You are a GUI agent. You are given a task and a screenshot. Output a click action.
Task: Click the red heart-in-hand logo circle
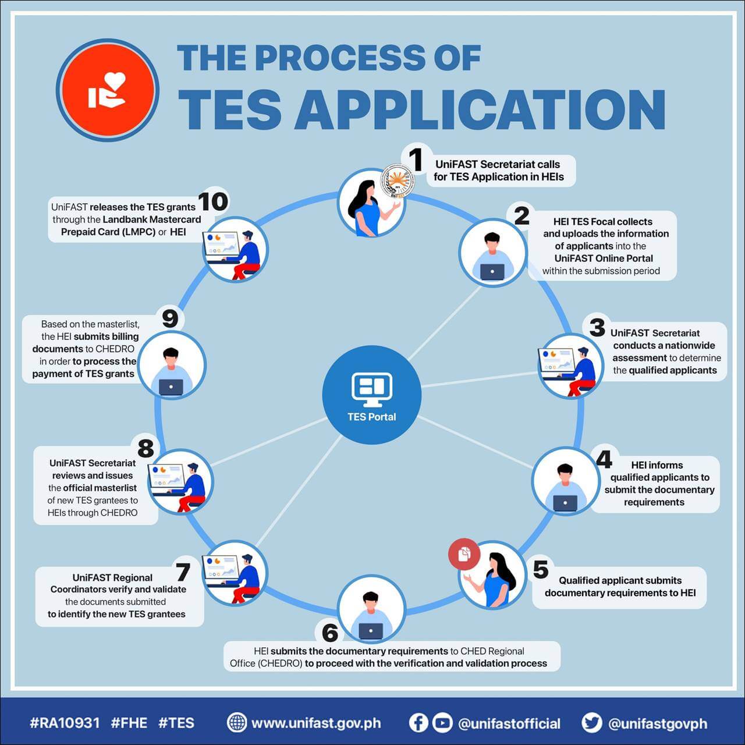coord(108,90)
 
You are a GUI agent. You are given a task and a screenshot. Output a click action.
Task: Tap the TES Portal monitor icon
coord(371,389)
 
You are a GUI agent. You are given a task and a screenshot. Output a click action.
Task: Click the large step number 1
coord(415,159)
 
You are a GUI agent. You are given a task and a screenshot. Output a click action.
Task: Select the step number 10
coord(213,202)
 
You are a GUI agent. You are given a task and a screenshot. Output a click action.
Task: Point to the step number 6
coord(330,632)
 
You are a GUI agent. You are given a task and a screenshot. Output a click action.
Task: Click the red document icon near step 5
coord(464,554)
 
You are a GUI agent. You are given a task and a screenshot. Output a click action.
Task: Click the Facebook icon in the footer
coord(418,723)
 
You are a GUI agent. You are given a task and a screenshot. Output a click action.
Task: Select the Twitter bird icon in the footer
coord(591,723)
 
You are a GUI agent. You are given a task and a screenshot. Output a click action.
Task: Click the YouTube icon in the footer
coord(442,723)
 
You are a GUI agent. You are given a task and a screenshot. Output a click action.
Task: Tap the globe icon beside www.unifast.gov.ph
coord(237,723)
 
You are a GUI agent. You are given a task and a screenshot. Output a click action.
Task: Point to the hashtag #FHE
coord(129,723)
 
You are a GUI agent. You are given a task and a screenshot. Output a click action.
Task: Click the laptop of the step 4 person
coord(565,503)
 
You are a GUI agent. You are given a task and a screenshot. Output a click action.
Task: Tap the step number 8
coord(146,448)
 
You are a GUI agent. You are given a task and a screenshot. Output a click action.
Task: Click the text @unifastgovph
coord(658,723)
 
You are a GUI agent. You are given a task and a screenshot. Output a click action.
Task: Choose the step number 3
coord(597,327)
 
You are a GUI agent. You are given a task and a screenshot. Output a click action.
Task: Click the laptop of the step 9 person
coord(171,387)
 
